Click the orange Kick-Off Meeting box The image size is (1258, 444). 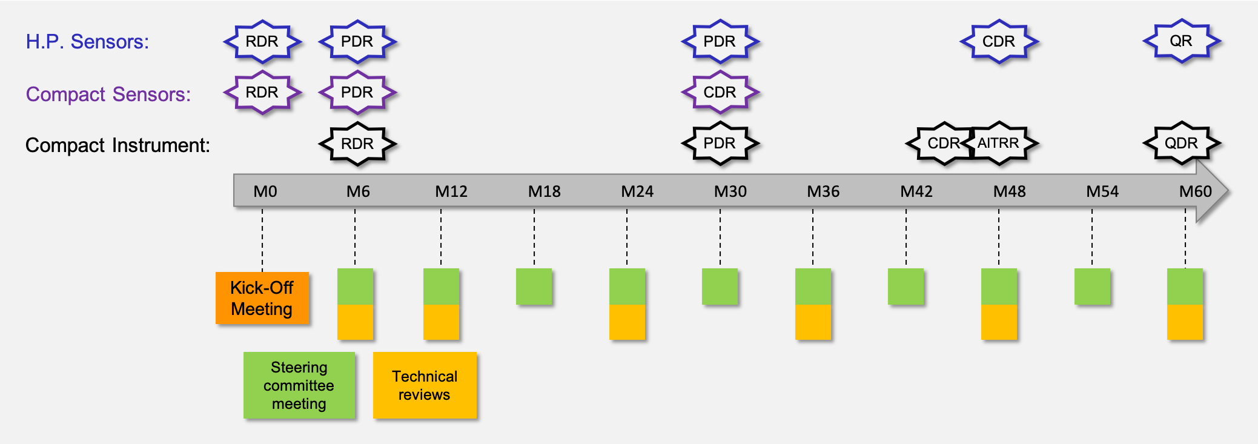coord(262,298)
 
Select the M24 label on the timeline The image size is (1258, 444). coord(637,191)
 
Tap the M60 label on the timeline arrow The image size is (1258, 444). coord(1195,191)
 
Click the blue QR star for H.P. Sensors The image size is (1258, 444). coord(1181,41)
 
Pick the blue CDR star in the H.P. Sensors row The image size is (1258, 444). coord(998,41)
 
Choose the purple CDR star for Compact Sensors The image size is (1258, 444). coord(720,93)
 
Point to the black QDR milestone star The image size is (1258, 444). coord(1181,144)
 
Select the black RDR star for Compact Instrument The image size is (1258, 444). coord(357,144)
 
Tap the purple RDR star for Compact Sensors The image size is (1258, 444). coord(262,93)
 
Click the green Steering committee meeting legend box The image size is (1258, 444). coord(299,385)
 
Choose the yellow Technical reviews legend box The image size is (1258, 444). coord(425,385)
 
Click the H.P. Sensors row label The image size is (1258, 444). coord(87,42)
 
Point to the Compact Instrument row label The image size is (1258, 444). coord(118,145)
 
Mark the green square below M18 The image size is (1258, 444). coord(534,287)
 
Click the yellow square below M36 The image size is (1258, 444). coord(813,322)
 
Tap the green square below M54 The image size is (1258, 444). coord(1092,287)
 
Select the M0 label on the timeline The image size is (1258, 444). coord(265,191)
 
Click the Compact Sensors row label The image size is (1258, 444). coord(108,94)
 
